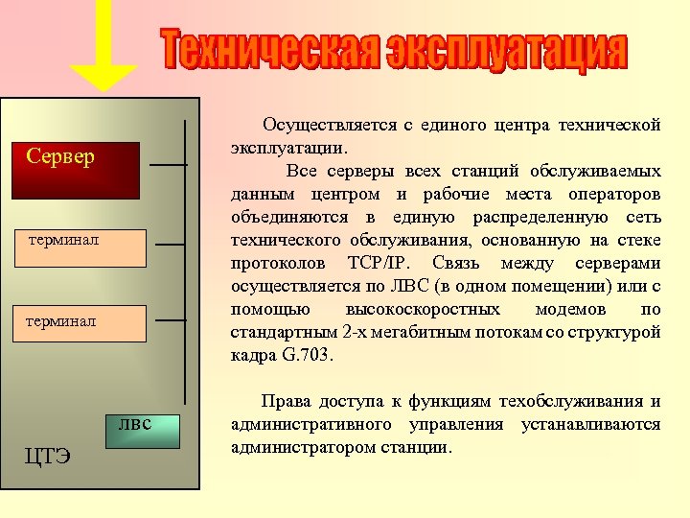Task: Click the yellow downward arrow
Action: [105, 58]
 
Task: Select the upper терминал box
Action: [87, 247]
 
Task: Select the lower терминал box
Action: [87, 322]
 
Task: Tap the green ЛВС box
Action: [144, 429]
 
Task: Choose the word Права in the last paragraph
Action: [286, 402]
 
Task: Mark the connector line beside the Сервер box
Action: [169, 165]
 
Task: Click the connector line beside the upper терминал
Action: [170, 245]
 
